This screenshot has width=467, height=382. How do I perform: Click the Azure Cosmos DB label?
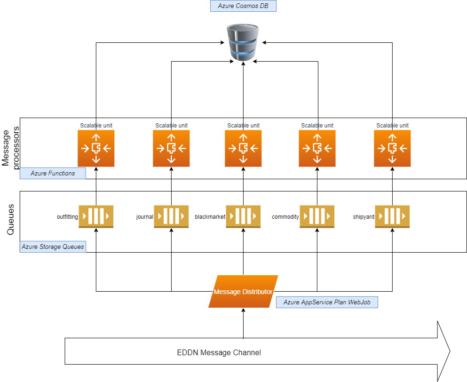[x=243, y=6]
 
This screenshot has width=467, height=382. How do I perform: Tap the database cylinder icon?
[x=243, y=43]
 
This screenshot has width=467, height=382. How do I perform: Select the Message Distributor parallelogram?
[x=243, y=292]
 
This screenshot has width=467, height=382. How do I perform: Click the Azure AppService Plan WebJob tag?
[x=327, y=302]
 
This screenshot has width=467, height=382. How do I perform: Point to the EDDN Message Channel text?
[x=219, y=352]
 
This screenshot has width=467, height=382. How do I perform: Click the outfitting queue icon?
[x=96, y=217]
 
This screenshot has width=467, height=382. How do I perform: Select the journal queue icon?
[x=171, y=217]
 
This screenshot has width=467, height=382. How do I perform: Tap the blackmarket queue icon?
[x=243, y=217]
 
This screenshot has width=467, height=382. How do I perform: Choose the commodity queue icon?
[x=317, y=217]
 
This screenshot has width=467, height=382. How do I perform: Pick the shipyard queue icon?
[x=392, y=217]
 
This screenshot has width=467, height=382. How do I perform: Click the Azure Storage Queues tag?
[x=53, y=247]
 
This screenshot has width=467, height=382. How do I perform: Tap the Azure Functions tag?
[x=53, y=173]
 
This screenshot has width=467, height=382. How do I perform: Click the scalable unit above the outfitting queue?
[x=96, y=148]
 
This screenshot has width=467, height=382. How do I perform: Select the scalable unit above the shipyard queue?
[x=392, y=148]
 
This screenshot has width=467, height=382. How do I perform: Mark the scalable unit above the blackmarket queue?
[x=243, y=148]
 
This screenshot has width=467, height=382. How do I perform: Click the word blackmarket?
[x=210, y=217]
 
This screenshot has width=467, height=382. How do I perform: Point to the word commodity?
[x=285, y=217]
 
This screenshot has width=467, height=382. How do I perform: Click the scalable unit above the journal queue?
[x=171, y=148]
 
